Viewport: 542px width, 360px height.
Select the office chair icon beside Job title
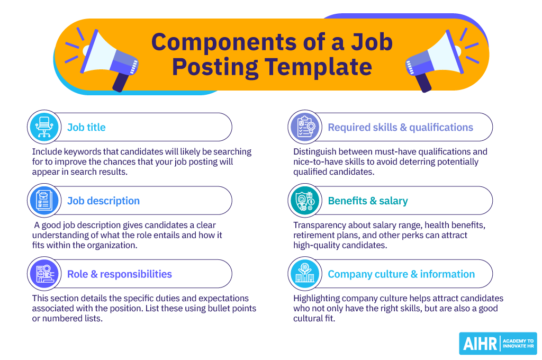click(44, 127)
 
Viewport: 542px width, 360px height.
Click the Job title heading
click(86, 127)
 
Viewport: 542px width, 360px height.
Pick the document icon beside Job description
click(44, 200)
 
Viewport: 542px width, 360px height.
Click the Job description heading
click(103, 201)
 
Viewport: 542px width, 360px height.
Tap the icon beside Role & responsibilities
click(44, 274)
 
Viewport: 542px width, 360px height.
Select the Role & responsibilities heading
click(120, 274)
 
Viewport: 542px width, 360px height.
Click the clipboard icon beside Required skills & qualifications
click(305, 127)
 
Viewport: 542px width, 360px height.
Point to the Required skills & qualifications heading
click(400, 128)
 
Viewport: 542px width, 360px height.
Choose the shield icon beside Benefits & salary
click(305, 200)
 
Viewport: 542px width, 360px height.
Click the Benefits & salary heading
click(368, 201)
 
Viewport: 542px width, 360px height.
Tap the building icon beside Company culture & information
click(305, 274)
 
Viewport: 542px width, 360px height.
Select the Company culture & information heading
click(401, 274)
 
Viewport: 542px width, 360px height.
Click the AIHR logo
click(498, 344)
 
